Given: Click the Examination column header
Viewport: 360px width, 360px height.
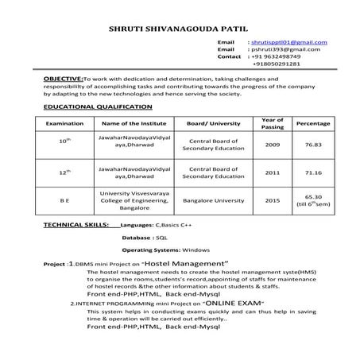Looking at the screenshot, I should click(x=65, y=124).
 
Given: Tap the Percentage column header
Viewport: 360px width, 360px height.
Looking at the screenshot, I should click(x=312, y=124).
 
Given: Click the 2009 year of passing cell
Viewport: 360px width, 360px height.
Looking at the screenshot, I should click(x=273, y=145).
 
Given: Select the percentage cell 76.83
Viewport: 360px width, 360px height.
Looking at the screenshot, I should click(x=312, y=145).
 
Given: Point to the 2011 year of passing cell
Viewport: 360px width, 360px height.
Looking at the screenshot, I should click(x=273, y=172).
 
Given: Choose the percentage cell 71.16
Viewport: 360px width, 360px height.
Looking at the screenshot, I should click(x=312, y=172).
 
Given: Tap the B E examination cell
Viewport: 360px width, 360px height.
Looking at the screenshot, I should click(x=65, y=202).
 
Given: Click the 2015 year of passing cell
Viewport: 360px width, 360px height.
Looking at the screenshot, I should click(x=273, y=202).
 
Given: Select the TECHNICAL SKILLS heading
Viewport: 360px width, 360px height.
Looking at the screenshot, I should click(x=75, y=226).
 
